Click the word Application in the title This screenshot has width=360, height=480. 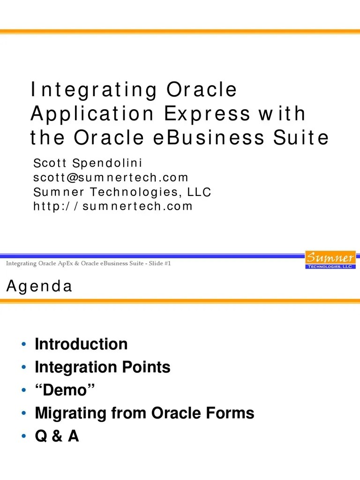[92, 114]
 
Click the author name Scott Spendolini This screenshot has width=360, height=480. [88, 163]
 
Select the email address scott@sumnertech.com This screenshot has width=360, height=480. [111, 177]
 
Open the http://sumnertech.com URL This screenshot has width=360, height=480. [113, 206]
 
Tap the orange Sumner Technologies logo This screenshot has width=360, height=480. [330, 260]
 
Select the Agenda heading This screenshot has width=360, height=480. [39, 286]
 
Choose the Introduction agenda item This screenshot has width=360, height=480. [81, 344]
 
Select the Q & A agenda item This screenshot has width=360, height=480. [57, 436]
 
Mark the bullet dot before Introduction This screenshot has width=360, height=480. [23, 345]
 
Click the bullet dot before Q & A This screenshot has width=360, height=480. [23, 437]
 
